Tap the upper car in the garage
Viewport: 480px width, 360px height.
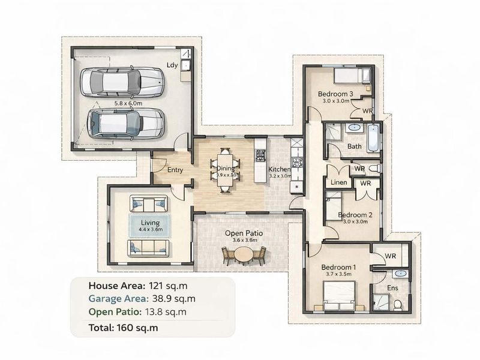124,82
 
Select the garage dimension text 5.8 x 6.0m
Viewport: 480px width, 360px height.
128,103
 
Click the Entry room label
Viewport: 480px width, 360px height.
175,170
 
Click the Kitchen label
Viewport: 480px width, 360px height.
280,170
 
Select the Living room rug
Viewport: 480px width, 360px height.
150,226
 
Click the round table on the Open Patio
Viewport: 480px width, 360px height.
244,254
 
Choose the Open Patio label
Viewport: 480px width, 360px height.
244,233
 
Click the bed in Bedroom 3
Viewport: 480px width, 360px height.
347,76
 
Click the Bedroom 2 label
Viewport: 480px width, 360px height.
355,214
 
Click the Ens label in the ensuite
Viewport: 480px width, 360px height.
393,288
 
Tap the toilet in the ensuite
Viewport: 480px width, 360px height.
398,304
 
